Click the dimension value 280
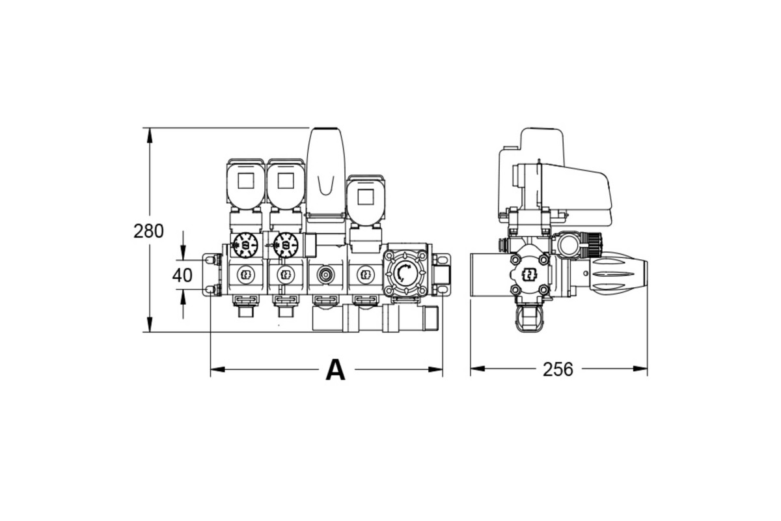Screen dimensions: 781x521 click(x=148, y=231)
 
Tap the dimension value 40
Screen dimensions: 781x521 click(x=182, y=275)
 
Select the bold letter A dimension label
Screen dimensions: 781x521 click(x=335, y=370)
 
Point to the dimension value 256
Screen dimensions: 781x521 click(x=558, y=369)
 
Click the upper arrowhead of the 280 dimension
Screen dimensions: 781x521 click(x=150, y=135)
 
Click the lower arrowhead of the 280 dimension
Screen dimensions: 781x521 click(x=150, y=324)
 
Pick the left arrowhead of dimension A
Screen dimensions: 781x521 click(x=218, y=369)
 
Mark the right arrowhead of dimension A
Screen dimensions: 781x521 click(x=435, y=369)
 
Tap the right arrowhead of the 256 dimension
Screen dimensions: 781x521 click(x=640, y=369)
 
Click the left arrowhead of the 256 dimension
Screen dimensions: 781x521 click(x=478, y=369)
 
